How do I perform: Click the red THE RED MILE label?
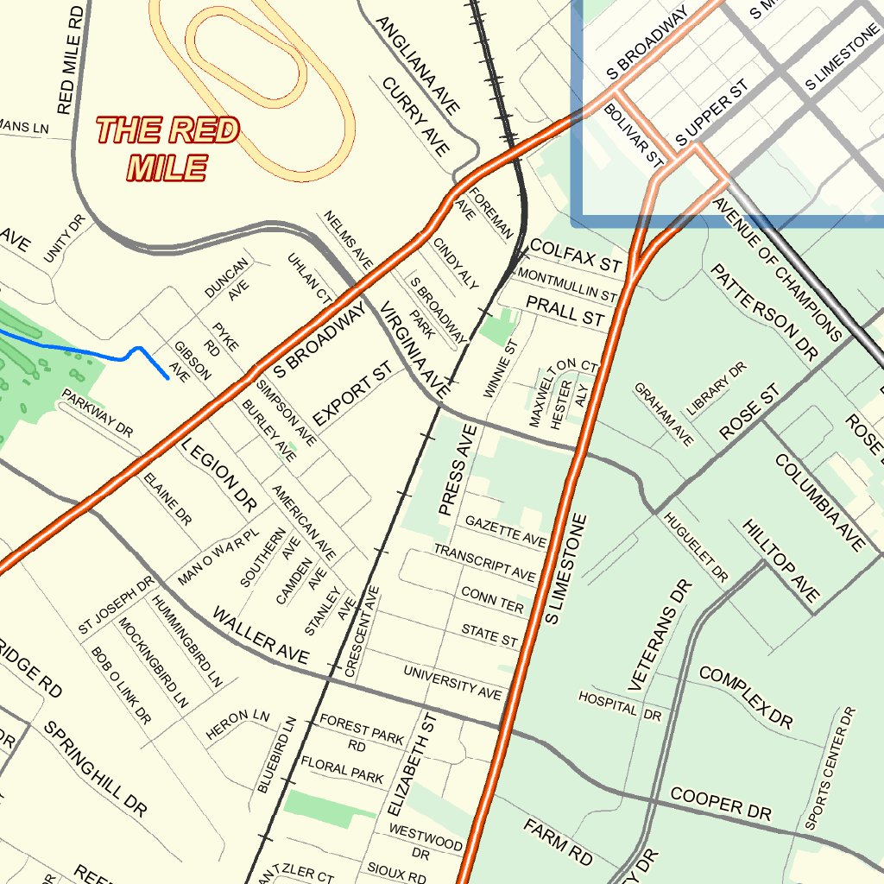[167, 148]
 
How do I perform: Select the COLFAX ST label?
[575, 254]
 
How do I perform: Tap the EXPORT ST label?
[352, 393]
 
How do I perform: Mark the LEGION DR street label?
[219, 475]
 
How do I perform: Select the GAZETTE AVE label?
[506, 531]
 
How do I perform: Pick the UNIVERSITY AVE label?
[452, 683]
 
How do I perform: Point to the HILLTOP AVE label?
[781, 561]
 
